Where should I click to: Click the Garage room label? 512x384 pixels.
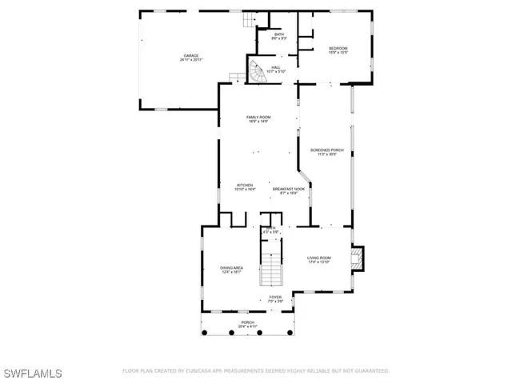click(190, 55)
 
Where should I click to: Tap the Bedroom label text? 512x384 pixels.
click(338, 49)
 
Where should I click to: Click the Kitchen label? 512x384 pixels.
click(244, 185)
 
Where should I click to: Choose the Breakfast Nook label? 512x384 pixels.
click(289, 190)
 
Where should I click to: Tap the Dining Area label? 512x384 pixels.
click(232, 268)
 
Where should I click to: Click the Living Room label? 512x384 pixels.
click(319, 258)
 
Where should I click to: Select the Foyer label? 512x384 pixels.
click(275, 297)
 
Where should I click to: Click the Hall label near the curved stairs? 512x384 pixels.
click(275, 67)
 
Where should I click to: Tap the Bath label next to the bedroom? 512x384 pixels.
click(279, 34)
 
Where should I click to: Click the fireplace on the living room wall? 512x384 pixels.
click(358, 257)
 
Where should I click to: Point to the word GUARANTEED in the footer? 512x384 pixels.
click(370, 371)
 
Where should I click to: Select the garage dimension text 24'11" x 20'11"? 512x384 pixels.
click(190, 60)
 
